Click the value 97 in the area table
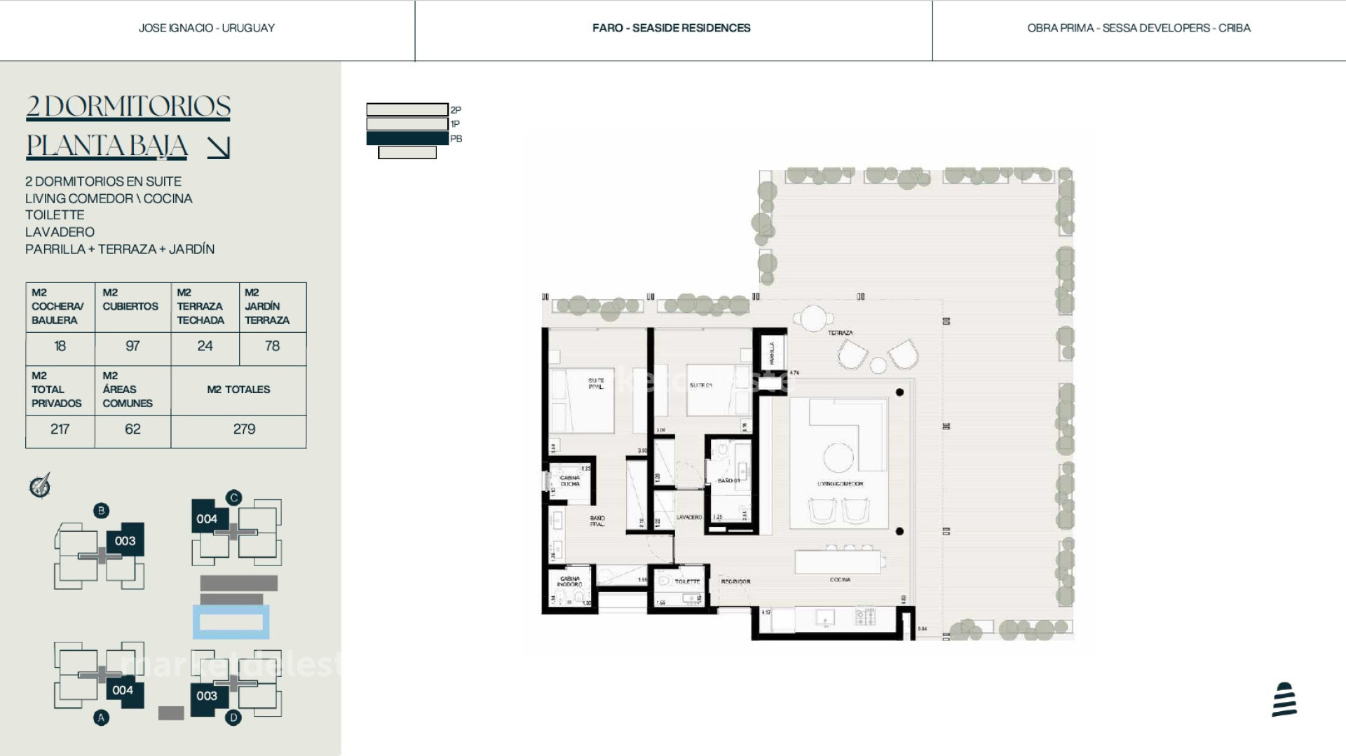click(132, 346)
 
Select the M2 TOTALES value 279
click(244, 429)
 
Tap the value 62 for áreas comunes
click(132, 429)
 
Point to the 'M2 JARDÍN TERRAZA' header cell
click(267, 306)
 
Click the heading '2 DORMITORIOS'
click(128, 106)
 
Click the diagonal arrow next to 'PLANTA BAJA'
click(219, 147)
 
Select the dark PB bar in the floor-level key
click(407, 139)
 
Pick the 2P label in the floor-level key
click(456, 110)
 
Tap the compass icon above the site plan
click(40, 485)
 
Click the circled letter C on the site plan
click(233, 497)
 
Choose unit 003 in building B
click(125, 540)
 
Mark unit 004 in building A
click(123, 690)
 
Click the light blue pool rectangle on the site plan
click(231, 622)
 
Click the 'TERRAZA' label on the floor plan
click(840, 333)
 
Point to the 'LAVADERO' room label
click(689, 517)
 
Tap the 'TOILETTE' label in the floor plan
click(687, 582)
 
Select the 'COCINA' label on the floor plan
click(840, 579)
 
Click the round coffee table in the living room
click(838, 458)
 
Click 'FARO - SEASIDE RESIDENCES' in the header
click(672, 28)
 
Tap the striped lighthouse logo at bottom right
click(1284, 699)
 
